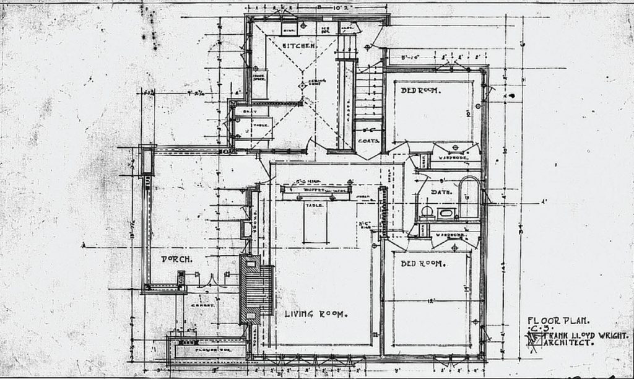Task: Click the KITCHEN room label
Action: coord(300,46)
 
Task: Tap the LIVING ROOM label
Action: coord(316,314)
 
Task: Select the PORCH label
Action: coord(175,259)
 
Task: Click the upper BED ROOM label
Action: coord(420,90)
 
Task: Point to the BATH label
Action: coord(441,193)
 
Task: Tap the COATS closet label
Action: coord(368,141)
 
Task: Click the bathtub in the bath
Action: coord(469,196)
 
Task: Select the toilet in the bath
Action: coord(427,212)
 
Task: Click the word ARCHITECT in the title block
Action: coord(568,342)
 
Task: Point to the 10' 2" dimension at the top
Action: coord(326,7)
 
